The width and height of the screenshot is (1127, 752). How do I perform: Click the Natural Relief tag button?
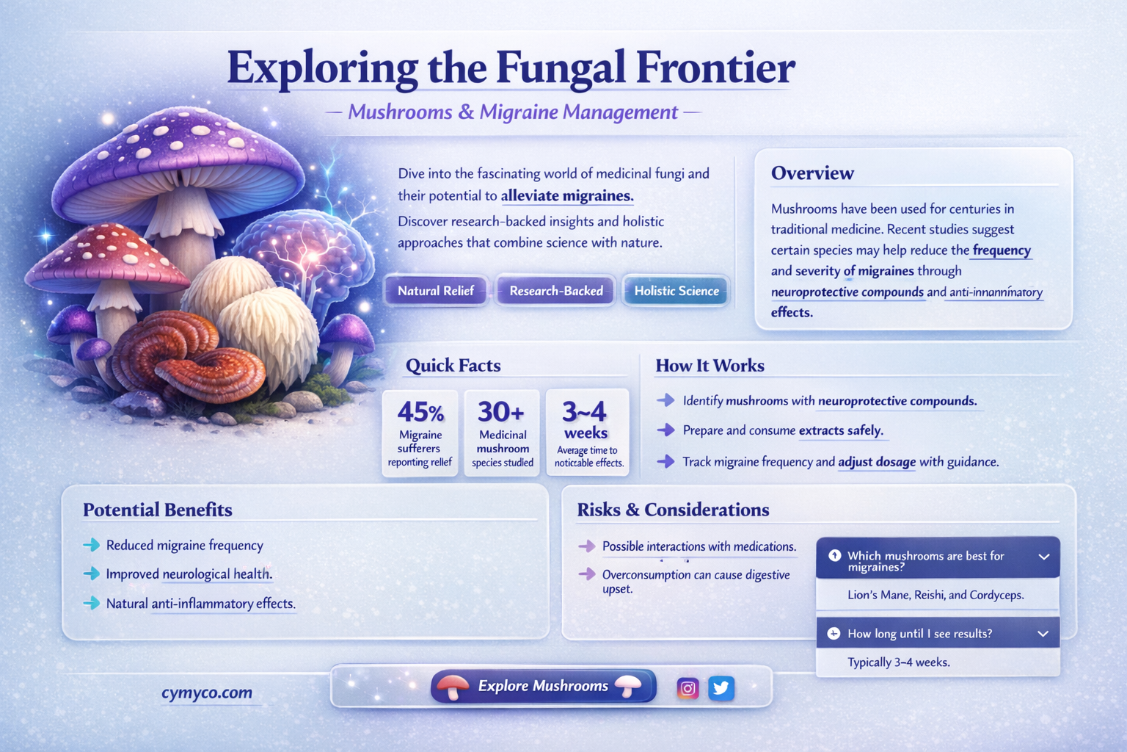click(x=436, y=291)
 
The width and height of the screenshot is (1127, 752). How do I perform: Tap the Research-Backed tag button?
click(x=555, y=291)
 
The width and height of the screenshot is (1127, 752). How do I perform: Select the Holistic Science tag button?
click(x=676, y=291)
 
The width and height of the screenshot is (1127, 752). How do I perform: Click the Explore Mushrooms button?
click(x=544, y=686)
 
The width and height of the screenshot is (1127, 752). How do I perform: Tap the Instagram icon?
click(x=687, y=688)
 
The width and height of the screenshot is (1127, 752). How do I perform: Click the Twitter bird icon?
click(x=721, y=688)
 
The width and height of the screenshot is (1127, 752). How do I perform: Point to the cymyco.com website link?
click(x=207, y=693)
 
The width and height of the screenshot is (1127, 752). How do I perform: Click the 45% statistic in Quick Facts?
click(x=420, y=412)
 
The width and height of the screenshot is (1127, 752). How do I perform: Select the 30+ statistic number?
click(x=500, y=411)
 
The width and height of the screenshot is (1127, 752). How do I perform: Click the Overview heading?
click(x=812, y=173)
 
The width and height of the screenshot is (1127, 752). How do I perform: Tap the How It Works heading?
click(x=710, y=365)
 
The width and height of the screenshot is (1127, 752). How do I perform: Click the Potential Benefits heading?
click(x=158, y=510)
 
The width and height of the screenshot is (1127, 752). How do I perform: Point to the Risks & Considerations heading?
click(x=673, y=510)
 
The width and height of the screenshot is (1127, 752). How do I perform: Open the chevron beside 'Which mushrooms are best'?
click(x=1044, y=557)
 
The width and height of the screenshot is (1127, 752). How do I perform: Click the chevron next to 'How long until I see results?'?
click(x=1043, y=634)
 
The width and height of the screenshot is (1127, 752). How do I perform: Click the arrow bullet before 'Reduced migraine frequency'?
click(x=92, y=544)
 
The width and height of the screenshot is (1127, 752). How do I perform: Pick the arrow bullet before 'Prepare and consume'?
click(x=665, y=430)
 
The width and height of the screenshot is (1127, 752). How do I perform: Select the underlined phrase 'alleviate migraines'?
click(x=567, y=195)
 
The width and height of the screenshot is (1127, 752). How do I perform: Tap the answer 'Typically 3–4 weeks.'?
click(x=899, y=662)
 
